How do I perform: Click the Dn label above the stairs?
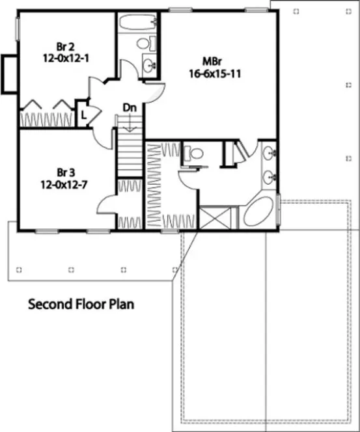point(130,107)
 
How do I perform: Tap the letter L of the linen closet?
point(83,115)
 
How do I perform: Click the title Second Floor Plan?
point(81,304)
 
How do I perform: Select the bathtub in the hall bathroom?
point(137,24)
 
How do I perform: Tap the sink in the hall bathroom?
point(150,65)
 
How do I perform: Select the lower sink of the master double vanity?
point(270,176)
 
